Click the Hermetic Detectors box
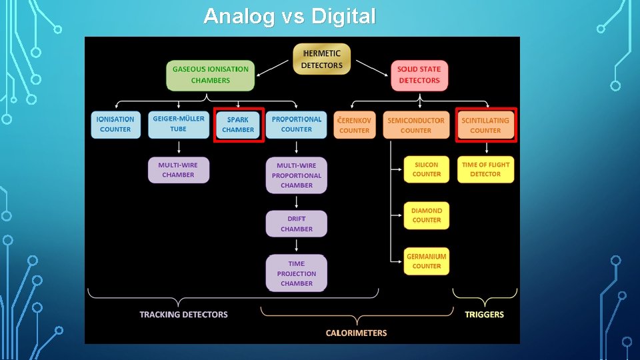pyautogui.click(x=322, y=59)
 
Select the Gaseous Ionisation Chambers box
pyautogui.click(x=211, y=75)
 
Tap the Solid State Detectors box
pyautogui.click(x=419, y=75)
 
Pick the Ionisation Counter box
pyautogui.click(x=115, y=125)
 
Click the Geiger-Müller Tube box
pyautogui.click(x=178, y=125)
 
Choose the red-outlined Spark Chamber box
pyautogui.click(x=238, y=125)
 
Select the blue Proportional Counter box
pyautogui.click(x=297, y=125)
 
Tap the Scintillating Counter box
pyautogui.click(x=485, y=125)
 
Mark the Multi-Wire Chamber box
pyautogui.click(x=178, y=170)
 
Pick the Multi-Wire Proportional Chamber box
pyautogui.click(x=297, y=175)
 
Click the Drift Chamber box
pyautogui.click(x=297, y=224)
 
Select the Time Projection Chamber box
pyautogui.click(x=297, y=273)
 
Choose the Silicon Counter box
pyautogui.click(x=427, y=169)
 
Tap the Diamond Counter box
pyautogui.click(x=427, y=215)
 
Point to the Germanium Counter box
pyautogui.click(x=427, y=261)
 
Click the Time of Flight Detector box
pyautogui.click(x=485, y=169)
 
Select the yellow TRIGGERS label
pyautogui.click(x=485, y=315)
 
